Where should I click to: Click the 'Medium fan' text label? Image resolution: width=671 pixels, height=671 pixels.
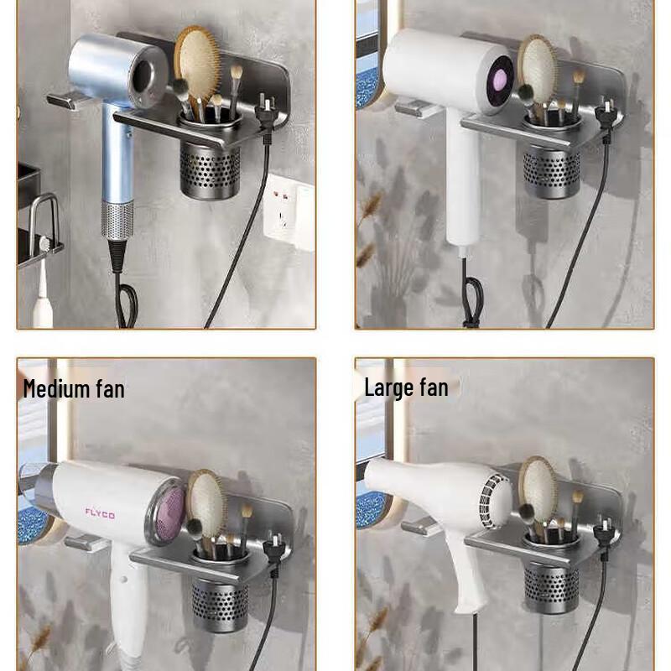coord(74,388)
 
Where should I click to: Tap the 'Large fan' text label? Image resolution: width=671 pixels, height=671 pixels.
coord(406,388)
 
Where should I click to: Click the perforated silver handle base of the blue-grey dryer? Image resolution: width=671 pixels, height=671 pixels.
coord(117,223)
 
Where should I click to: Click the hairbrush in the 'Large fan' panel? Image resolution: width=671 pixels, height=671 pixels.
coord(538,490)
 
